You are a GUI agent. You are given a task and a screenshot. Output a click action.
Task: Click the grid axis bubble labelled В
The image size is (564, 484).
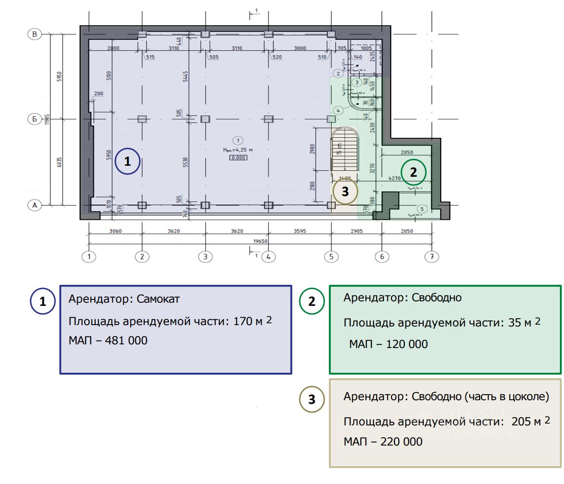coord(35,34)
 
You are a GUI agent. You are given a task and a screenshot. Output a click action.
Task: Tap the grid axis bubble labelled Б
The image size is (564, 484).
coord(35,119)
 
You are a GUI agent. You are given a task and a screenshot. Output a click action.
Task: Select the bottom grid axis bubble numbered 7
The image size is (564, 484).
coord(432,256)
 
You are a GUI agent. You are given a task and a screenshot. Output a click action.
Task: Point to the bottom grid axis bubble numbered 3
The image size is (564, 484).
coord(205,256)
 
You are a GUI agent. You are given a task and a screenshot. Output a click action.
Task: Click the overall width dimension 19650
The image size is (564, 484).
coord(260,241)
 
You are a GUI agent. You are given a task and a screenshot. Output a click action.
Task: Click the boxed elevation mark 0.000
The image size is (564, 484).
coord(238,158)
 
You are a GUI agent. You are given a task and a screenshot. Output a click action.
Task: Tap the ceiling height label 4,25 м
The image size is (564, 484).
coord(238,150)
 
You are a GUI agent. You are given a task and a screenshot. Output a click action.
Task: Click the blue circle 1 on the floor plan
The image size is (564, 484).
coord(127,161)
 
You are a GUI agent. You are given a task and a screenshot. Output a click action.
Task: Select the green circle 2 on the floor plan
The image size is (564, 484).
coord(413,172)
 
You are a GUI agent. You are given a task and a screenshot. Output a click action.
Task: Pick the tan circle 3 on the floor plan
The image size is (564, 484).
coord(345,191)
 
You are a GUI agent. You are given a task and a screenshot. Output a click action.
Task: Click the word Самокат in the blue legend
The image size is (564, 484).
coord(158,299)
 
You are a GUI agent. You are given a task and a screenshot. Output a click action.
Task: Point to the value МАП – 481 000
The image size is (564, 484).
coord(108,340)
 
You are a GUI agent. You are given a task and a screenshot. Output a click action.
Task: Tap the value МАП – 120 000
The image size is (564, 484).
coord(389,344)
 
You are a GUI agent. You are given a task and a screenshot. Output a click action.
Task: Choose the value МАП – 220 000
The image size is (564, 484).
coord(383,441)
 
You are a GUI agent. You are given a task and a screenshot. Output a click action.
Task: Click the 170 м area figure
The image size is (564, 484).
coord(248,321)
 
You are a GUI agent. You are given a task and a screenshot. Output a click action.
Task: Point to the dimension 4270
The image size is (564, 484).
coord(394,179)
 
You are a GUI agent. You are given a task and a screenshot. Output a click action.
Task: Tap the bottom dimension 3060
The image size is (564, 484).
coord(115,231)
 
